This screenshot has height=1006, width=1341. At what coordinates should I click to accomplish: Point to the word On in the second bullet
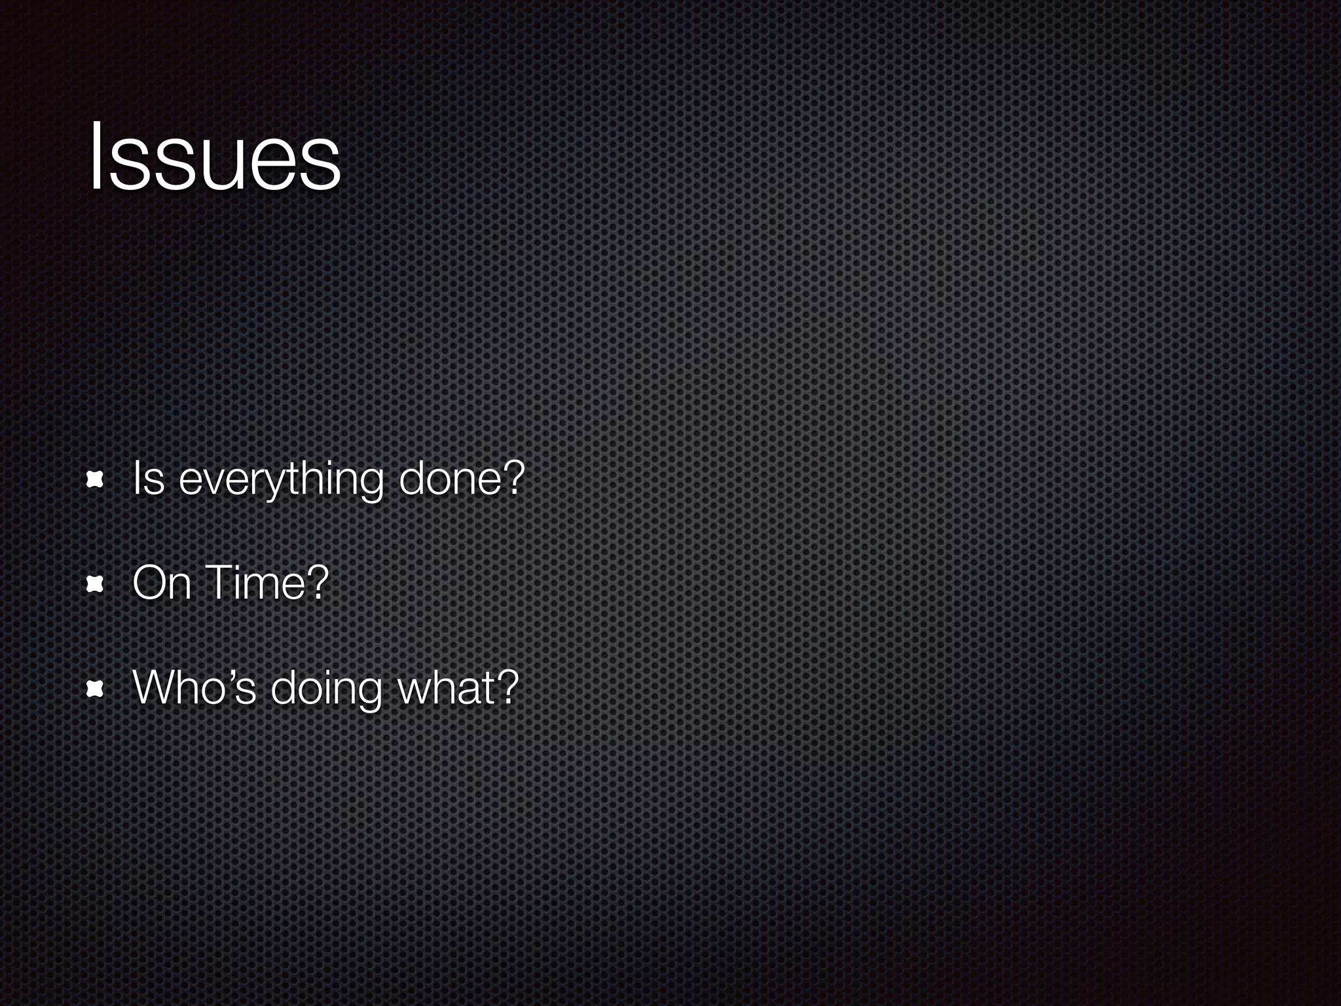(161, 582)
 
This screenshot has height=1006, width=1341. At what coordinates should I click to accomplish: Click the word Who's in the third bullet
(194, 687)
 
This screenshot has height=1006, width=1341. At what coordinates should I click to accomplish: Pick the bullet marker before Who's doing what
(96, 689)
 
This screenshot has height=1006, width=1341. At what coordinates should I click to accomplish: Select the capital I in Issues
(96, 157)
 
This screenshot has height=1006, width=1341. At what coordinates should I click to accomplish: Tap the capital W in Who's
(155, 687)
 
